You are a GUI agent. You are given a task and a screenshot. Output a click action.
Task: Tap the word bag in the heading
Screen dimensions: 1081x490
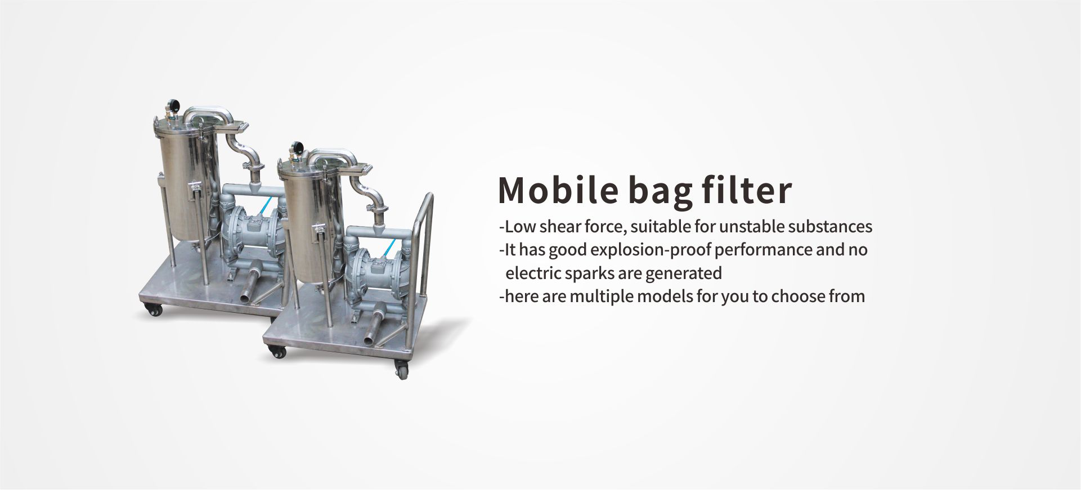tap(660, 191)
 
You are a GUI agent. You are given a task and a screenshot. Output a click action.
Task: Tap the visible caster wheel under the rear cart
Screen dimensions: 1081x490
tap(152, 309)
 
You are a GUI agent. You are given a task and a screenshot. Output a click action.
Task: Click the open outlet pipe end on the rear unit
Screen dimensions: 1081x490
tap(245, 296)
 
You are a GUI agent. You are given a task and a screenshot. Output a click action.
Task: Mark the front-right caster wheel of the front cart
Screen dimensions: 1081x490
tap(402, 371)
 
